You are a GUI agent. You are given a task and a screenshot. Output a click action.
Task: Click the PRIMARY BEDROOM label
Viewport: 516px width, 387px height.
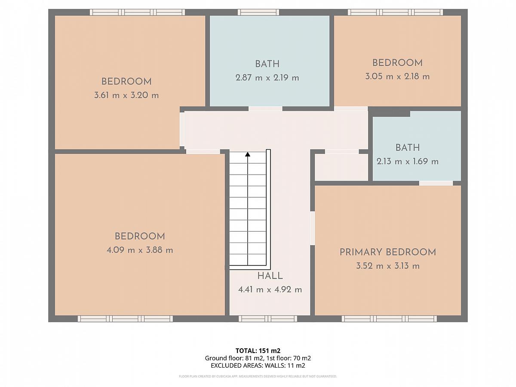coord(388,252)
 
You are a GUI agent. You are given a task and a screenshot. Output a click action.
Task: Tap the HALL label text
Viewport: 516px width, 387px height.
coord(270,276)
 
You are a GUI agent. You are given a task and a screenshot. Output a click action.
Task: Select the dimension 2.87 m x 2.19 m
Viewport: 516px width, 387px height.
coord(267,78)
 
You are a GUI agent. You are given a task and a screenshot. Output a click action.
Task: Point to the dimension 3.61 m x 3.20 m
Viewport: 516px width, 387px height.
coord(126,95)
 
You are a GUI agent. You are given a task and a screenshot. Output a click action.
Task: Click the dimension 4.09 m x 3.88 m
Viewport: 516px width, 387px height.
coord(140,250)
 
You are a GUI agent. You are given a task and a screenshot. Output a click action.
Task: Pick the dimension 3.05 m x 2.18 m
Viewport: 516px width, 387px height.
coord(397,77)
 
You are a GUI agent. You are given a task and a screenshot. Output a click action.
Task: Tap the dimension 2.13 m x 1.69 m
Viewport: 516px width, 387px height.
coord(407,162)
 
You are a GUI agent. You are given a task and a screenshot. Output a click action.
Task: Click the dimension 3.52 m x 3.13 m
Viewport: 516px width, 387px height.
coord(388,266)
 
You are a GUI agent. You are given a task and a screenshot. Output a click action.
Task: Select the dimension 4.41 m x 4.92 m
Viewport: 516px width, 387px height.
coord(270,290)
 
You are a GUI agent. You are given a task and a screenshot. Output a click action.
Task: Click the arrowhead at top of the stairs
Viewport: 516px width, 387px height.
coord(248,154)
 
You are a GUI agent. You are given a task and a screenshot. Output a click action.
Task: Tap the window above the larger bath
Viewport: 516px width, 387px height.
coord(258,12)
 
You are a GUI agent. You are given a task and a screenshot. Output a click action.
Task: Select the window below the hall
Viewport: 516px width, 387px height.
coord(268,319)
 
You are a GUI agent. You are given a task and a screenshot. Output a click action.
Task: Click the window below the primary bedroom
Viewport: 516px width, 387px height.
coord(389,319)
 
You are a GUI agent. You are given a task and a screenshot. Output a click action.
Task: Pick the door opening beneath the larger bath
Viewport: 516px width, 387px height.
coord(265,108)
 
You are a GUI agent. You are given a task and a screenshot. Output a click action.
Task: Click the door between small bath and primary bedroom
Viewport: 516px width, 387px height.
coord(436,183)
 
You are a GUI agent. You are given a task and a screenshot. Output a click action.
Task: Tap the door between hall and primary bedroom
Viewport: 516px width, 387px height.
coord(313,228)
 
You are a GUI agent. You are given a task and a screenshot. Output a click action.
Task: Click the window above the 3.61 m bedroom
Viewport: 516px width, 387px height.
coord(137,12)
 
